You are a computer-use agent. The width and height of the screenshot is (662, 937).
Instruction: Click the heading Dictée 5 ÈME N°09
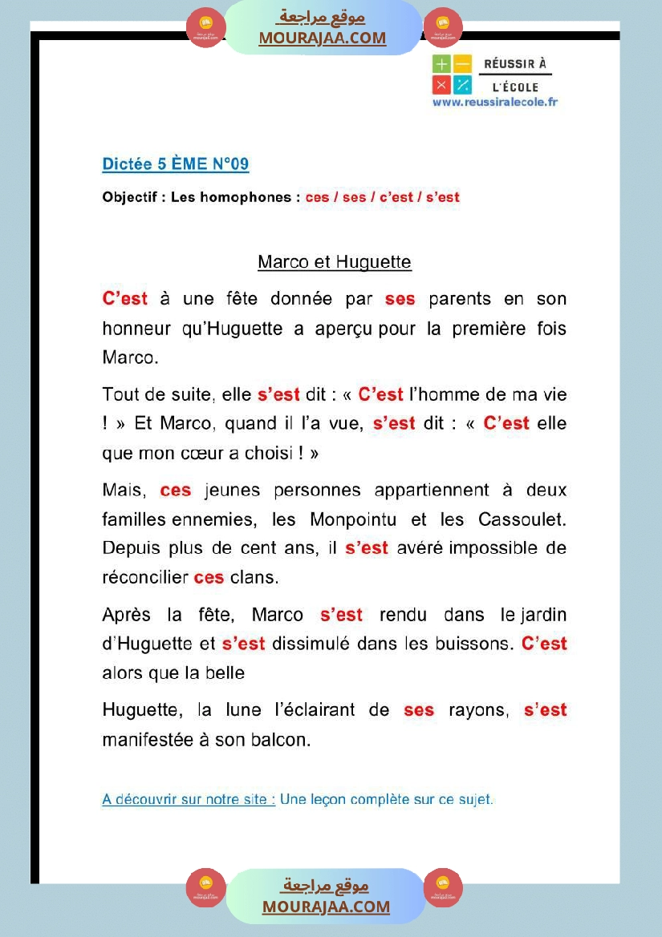175,164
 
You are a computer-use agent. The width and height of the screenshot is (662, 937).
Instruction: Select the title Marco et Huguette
334,262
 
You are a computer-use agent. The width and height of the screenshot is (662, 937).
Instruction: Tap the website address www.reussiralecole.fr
494,102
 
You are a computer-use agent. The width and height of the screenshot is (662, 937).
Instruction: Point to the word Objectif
132,197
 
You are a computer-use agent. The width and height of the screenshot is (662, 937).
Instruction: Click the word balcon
281,740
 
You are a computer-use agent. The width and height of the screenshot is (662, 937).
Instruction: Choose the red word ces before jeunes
175,491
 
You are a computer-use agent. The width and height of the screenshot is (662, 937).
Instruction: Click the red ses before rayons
419,710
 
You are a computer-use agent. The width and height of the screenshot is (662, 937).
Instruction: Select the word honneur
136,329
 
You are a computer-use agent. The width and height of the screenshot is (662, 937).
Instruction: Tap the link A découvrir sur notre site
189,799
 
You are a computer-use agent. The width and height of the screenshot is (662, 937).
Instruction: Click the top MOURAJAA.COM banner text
322,38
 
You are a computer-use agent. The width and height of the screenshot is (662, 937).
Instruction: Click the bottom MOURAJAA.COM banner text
326,907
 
